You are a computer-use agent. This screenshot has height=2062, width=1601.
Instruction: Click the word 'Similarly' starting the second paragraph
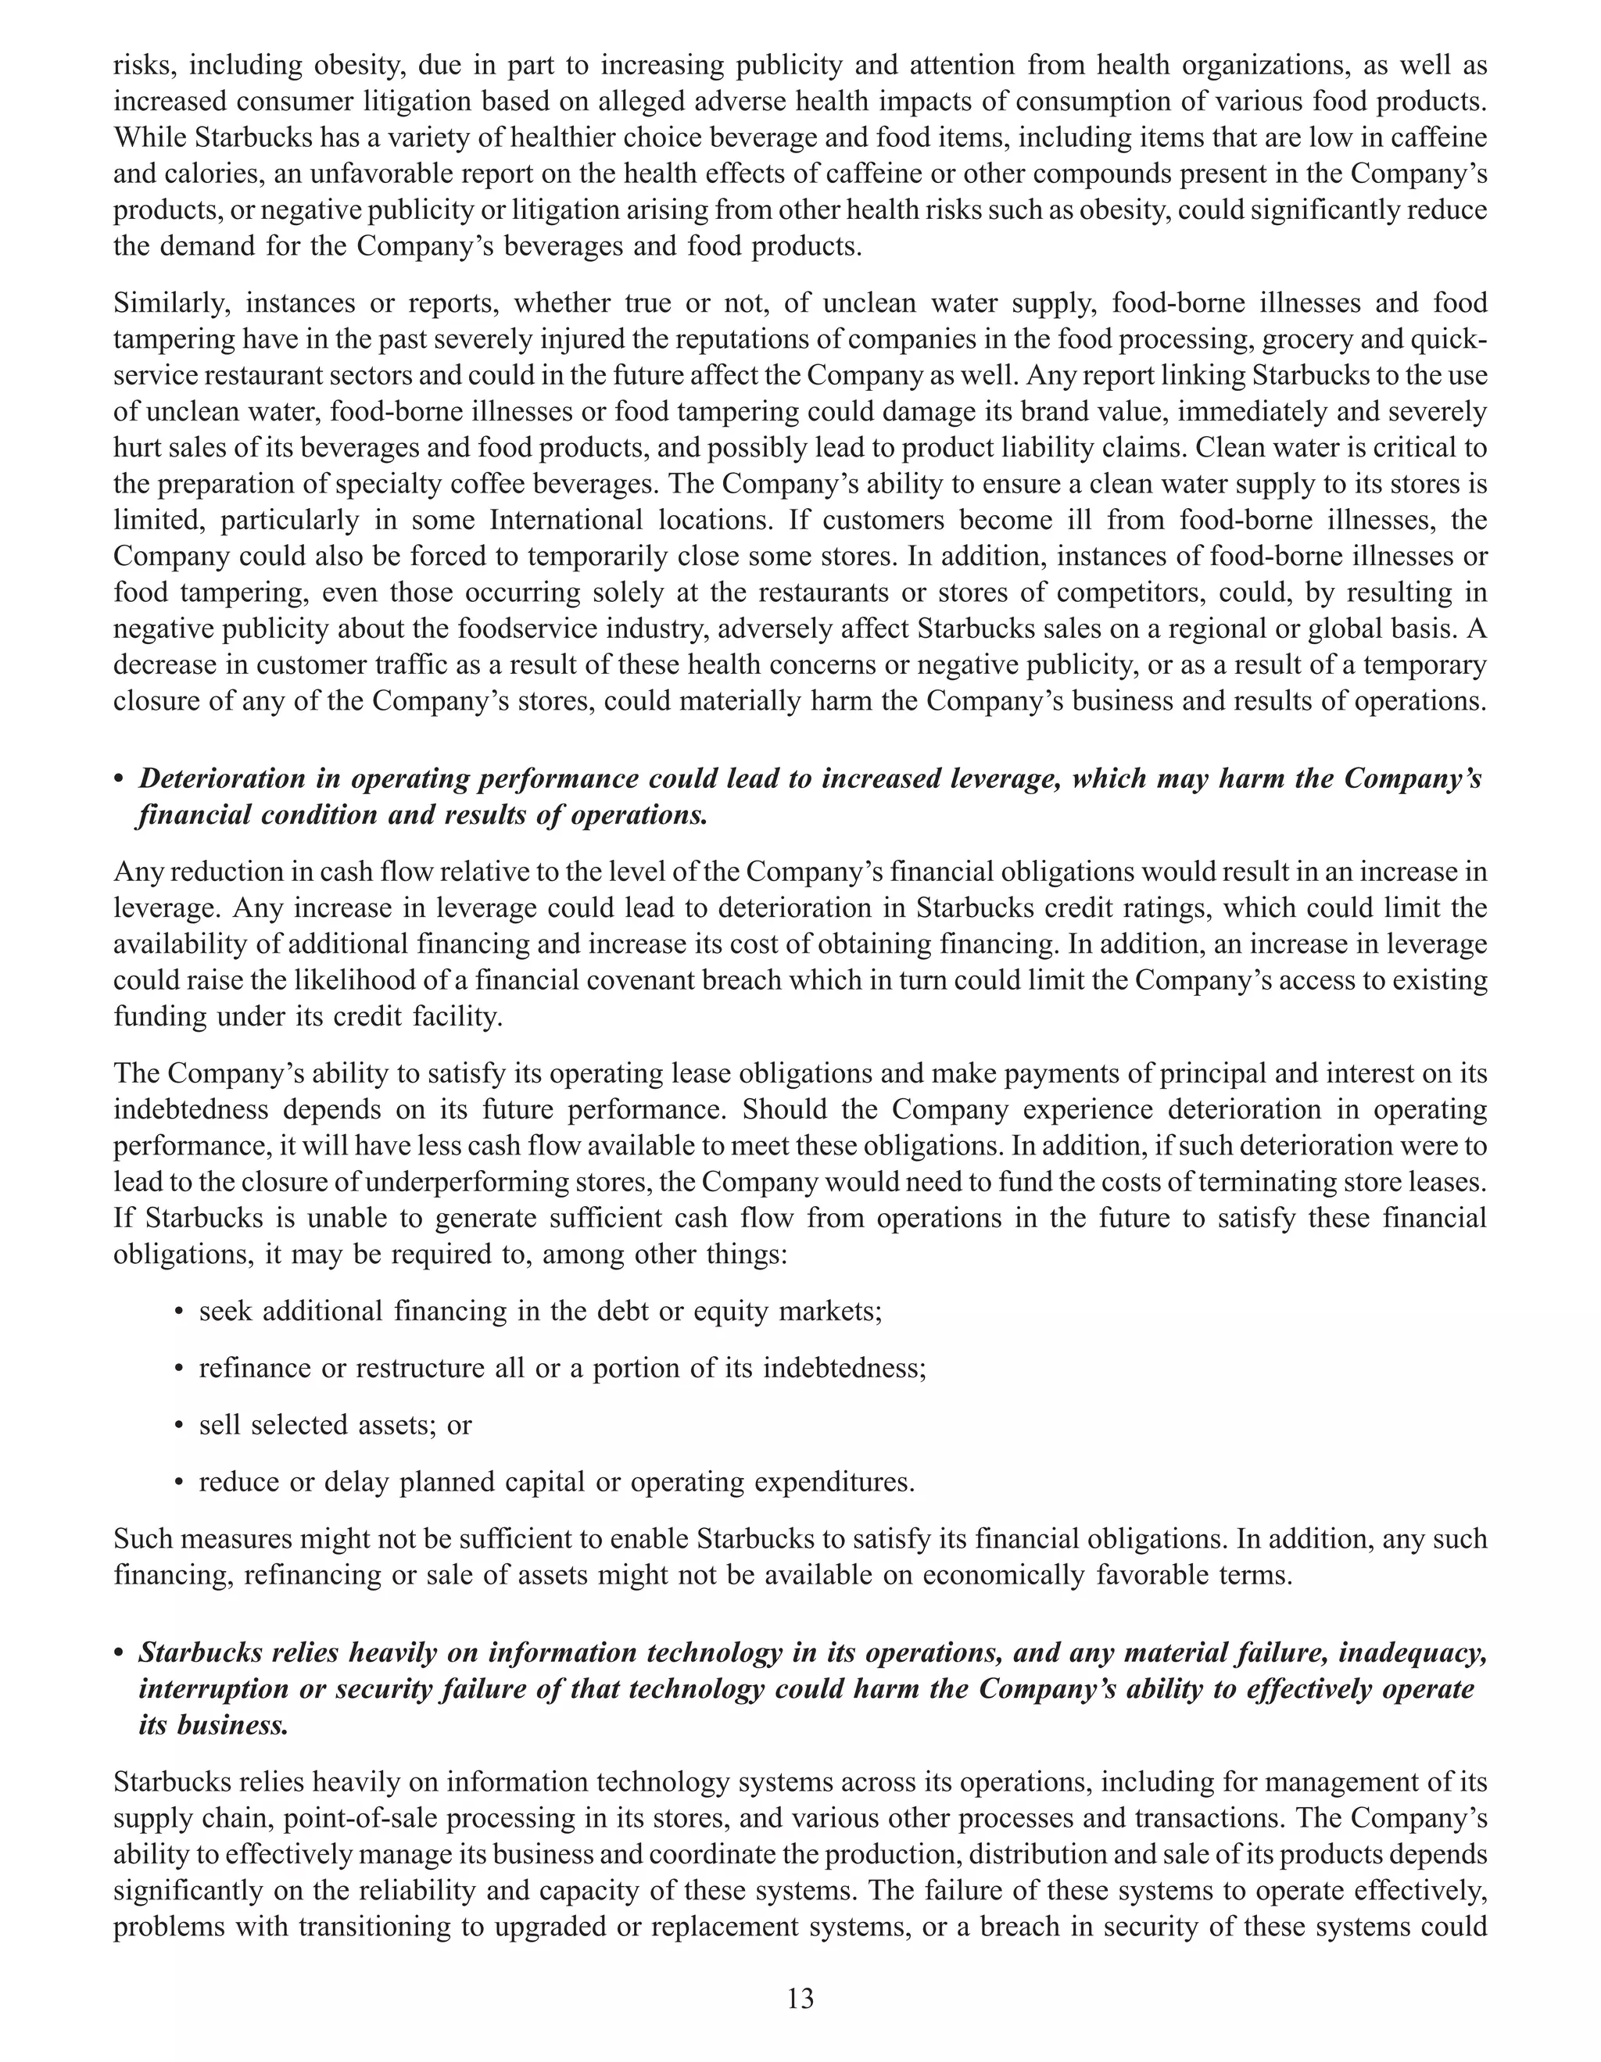coord(172,303)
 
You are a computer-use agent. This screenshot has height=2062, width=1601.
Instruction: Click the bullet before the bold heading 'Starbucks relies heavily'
coord(119,1654)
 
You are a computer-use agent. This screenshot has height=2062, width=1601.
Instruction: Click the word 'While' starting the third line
coord(149,138)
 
